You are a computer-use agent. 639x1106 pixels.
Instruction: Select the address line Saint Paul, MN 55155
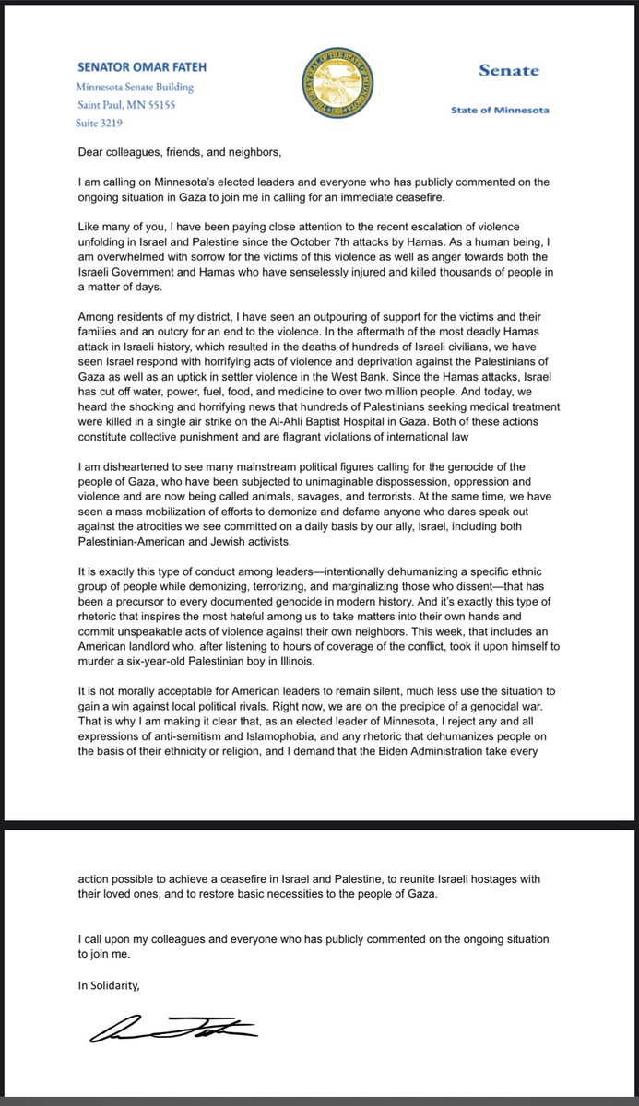[127, 105]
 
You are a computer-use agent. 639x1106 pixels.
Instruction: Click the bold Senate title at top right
[509, 71]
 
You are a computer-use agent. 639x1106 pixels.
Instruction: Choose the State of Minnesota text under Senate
[500, 110]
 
